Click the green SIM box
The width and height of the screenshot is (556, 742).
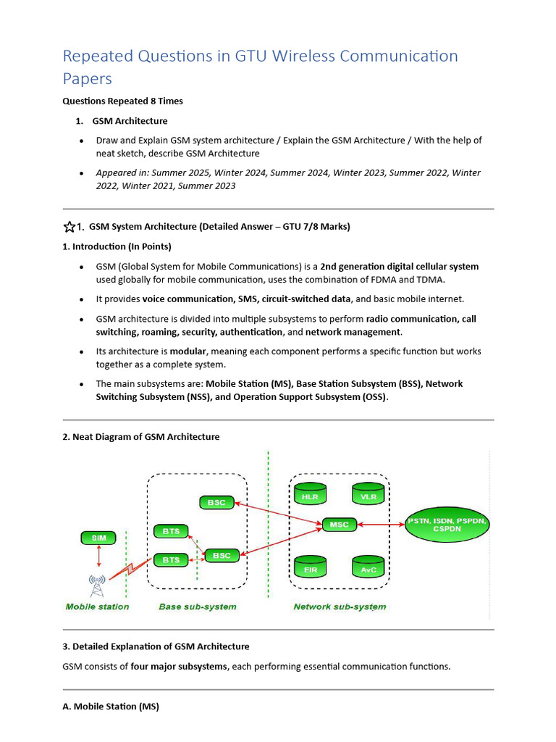coord(98,538)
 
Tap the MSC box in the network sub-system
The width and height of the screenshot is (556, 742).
coord(339,524)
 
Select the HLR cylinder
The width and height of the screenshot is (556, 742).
coord(311,495)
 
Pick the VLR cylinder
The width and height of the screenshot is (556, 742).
coord(368,495)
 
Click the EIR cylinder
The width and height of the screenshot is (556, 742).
coord(311,568)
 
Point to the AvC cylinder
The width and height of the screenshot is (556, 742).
coord(368,568)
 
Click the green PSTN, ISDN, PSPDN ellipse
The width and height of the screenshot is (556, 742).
coord(447,525)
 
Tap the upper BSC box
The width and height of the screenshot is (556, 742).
coord(216,501)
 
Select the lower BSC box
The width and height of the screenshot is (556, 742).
coord(222,556)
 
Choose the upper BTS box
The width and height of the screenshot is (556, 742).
coord(171,531)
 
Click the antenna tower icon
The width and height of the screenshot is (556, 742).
coord(96,584)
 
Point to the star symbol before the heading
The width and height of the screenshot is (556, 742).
coord(69,227)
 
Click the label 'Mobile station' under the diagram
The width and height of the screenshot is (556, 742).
coord(97,606)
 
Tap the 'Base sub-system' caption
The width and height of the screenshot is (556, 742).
coord(197,606)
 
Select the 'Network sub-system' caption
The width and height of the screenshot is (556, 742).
coord(339,606)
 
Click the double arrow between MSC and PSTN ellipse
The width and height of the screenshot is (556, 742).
coord(380,524)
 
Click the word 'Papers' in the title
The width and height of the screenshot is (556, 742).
coord(88,78)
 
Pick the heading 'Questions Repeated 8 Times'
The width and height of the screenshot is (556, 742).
coord(122,101)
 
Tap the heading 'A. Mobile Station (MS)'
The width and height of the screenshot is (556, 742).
coord(111,706)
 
